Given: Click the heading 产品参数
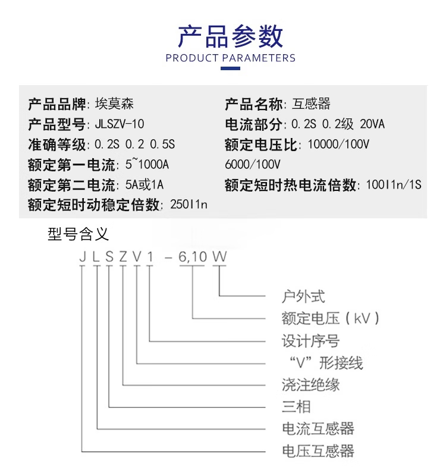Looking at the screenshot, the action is (230, 36).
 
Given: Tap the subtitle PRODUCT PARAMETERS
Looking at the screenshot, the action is (230, 58).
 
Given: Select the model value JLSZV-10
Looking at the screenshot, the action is (120, 124).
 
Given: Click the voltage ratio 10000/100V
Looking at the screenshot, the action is (339, 145).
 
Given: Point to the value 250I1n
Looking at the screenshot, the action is (189, 205).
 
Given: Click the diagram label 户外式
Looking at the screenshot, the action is (303, 296).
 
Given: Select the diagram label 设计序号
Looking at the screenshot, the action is (310, 341).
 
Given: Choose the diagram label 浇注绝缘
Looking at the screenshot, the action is (310, 385).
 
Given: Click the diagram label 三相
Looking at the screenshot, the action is (296, 407).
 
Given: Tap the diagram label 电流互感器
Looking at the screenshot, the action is (318, 429).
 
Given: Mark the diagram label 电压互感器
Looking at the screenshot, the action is (318, 451).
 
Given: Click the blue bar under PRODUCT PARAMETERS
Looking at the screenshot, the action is (230, 69).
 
